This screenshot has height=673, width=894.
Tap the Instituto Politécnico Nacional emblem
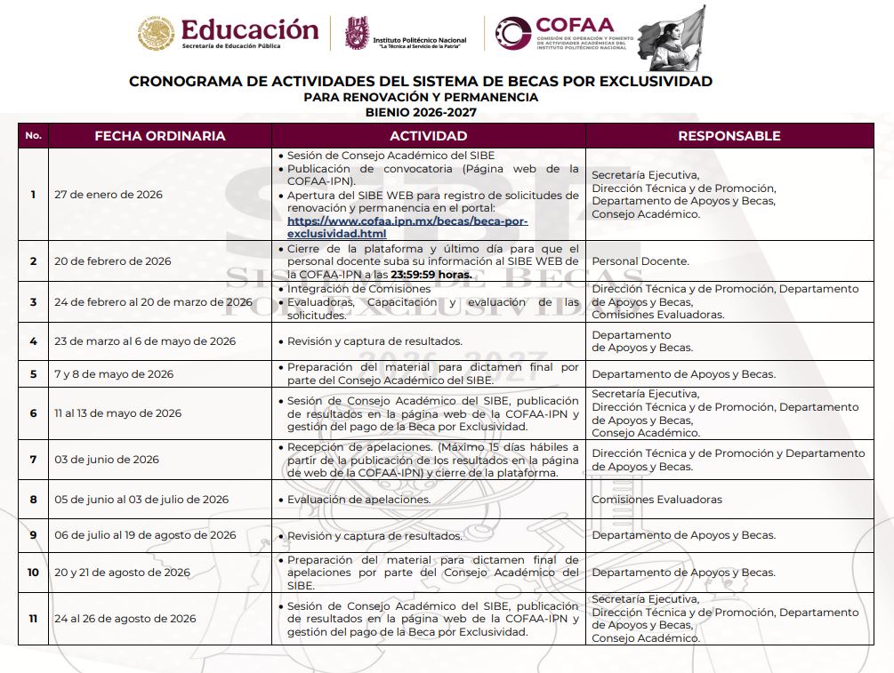coord(357,33)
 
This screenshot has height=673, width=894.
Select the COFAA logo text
coord(575,25)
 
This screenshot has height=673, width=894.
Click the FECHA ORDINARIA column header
coord(160,136)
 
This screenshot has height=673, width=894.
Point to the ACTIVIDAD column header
coord(428,136)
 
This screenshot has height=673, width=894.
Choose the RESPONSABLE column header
coord(729,136)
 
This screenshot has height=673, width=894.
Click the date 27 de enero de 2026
coord(109,195)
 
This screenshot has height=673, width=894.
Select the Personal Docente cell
coord(640,261)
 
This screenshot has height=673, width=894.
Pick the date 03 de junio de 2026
coord(107,460)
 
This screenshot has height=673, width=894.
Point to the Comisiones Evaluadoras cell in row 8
coord(656,500)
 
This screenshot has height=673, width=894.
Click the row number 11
coord(33,619)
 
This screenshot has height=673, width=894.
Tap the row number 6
coord(33,413)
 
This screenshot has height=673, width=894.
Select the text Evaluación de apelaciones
coord(358,500)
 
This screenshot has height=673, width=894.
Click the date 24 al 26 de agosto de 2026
coord(125,619)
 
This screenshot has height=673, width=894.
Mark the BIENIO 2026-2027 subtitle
coord(421,113)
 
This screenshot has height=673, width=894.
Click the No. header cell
coord(34,136)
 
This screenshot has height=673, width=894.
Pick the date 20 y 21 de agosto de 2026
coord(122,573)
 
